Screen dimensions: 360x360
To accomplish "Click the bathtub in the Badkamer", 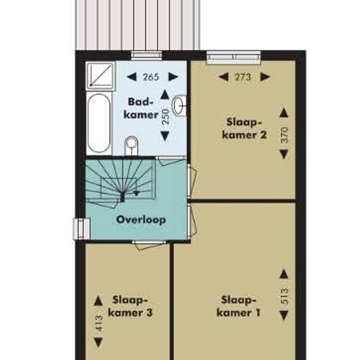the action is point(99,123).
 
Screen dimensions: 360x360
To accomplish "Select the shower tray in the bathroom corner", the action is point(101,76).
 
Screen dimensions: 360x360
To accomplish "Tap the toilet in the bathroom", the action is point(131,146).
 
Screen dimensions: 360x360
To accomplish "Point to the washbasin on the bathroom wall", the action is point(179,105).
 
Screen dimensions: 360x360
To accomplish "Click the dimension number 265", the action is point(151,77).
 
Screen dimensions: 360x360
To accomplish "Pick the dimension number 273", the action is point(243,77).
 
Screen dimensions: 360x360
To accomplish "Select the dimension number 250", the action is point(166,117).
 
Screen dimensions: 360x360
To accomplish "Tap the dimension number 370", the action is point(284,135).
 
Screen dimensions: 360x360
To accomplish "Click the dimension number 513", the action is point(284,296).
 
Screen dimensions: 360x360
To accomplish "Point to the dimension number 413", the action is point(99,323).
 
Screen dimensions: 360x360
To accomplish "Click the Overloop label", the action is point(141,220).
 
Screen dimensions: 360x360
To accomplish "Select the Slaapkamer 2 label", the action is point(244,128).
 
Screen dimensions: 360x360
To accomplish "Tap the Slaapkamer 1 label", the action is point(238,306).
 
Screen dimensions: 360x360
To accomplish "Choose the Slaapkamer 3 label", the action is point(130,306).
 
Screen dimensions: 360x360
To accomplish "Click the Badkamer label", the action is point(141,108).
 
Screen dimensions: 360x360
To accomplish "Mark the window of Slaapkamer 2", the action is point(234,57).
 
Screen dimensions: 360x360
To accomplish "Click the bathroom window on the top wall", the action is point(147,56).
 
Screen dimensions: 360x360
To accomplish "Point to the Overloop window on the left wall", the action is point(82,229).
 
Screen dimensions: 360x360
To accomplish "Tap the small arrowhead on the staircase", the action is point(137,193).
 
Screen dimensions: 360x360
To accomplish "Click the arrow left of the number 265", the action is point(132,77).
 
